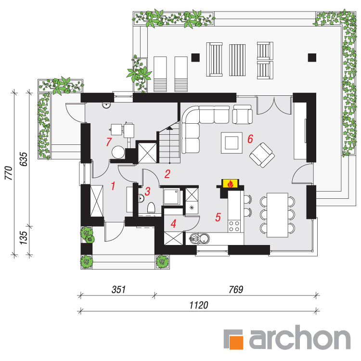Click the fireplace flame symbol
[x=230, y=184]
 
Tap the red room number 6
[x=250, y=139]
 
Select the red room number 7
[x=109, y=142]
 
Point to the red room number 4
[x=173, y=223]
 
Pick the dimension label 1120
[x=199, y=305]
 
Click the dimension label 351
[x=118, y=289]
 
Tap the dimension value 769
[x=236, y=289]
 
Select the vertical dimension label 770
[x=9, y=173]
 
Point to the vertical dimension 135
[x=24, y=238]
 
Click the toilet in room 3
[x=151, y=207]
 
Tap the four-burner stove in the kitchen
[x=234, y=226]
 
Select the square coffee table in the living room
[x=232, y=143]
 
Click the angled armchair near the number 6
[x=262, y=155]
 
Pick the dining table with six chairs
[x=277, y=215]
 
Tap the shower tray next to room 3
[x=171, y=196]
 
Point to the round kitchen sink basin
[x=204, y=239]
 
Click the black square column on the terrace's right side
[x=312, y=57]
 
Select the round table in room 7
[x=118, y=152]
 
